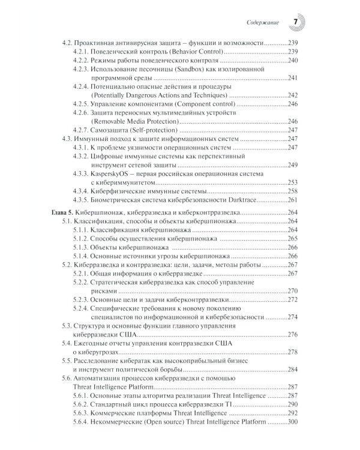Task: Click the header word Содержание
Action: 263,23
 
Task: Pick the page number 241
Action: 293,78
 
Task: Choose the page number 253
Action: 293,182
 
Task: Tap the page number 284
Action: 293,368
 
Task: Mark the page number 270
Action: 293,290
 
